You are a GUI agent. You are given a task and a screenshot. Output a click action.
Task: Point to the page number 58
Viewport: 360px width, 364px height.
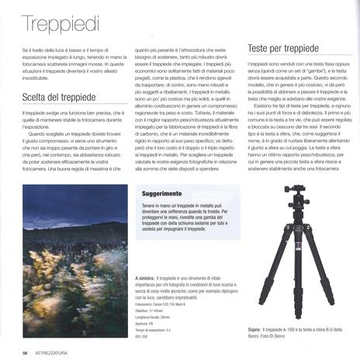[x=26, y=352]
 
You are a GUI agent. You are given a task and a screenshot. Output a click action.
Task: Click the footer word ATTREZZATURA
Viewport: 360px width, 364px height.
[x=59, y=352]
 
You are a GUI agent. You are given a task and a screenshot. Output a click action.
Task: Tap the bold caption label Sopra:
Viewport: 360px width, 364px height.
[x=254, y=329]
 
